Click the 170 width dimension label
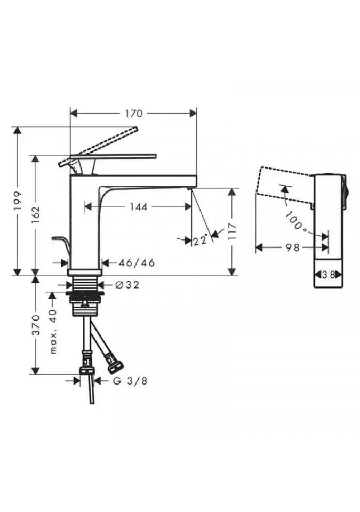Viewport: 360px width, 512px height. (x=134, y=113)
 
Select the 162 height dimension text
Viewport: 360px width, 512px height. (x=36, y=214)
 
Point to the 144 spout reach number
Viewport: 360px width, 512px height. (x=139, y=207)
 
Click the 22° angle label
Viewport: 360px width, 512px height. (x=200, y=241)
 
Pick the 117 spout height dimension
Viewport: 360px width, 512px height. (x=231, y=231)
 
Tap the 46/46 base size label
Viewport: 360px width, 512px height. (x=136, y=262)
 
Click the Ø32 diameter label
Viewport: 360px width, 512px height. (x=127, y=285)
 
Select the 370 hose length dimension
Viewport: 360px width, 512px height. (x=36, y=325)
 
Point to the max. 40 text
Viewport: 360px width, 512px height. (x=53, y=331)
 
